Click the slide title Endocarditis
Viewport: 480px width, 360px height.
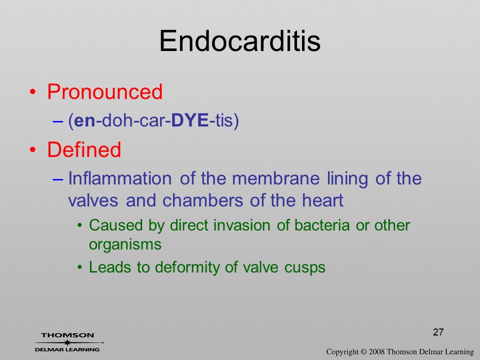[239, 41]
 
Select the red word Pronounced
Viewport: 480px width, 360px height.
[104, 91]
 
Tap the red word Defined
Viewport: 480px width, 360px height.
[84, 149]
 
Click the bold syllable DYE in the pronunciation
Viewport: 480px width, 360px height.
[190, 120]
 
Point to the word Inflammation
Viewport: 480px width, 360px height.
[119, 178]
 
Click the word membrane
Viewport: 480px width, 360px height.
[276, 178]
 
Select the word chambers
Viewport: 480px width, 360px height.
[202, 200]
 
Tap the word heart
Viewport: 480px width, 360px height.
[322, 200]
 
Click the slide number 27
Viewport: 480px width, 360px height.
[438, 332]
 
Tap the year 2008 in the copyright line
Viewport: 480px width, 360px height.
[376, 351]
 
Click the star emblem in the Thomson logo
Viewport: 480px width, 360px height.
[66, 342]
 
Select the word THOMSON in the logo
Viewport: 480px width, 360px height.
[67, 335]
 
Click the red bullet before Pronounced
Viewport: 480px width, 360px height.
[33, 92]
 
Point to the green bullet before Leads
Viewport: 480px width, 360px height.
[79, 267]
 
